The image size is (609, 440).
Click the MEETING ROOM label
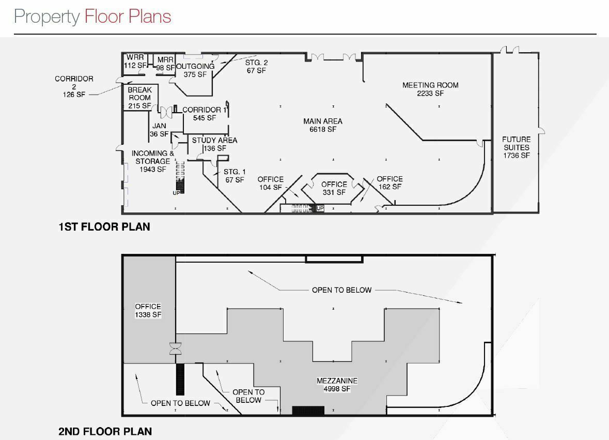(x=430, y=89)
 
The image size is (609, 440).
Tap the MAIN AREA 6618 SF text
(x=323, y=125)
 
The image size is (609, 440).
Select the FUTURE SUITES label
(x=516, y=147)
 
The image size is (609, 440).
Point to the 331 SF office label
(x=334, y=188)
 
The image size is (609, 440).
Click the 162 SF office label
(x=389, y=183)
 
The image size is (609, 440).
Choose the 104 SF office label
(x=271, y=183)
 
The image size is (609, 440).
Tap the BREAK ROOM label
(x=140, y=98)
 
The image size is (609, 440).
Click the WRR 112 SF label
(x=135, y=62)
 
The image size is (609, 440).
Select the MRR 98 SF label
(x=165, y=64)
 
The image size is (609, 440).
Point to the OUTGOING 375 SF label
(x=195, y=70)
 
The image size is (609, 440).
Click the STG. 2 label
(x=256, y=67)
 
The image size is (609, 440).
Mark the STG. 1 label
(x=235, y=176)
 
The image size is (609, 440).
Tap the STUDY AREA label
(x=215, y=144)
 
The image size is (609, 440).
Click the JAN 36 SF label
(x=159, y=130)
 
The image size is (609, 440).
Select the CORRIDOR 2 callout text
(x=74, y=87)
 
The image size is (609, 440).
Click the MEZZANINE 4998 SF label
(x=337, y=385)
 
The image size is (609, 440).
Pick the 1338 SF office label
(x=148, y=311)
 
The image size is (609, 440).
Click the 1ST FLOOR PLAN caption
(x=104, y=227)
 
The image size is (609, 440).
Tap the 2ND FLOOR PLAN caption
(x=105, y=431)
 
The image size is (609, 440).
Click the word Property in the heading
(x=46, y=17)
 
